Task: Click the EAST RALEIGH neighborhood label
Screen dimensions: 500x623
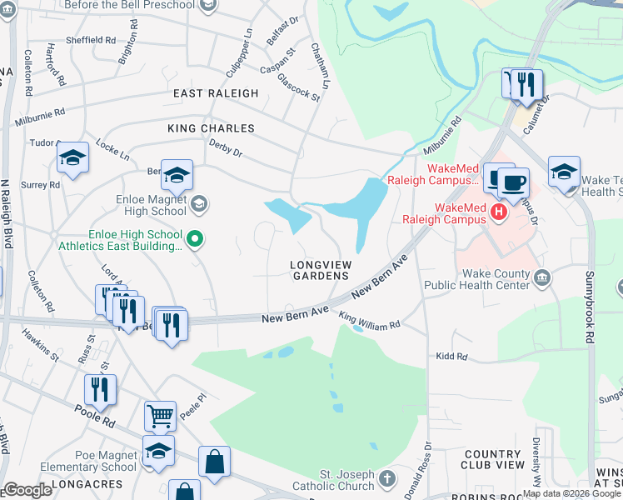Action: click(x=216, y=93)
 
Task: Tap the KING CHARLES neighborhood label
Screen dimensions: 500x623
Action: click(x=211, y=128)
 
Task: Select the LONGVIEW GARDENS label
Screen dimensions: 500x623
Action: click(x=319, y=270)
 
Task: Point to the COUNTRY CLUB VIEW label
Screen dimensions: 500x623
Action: click(x=493, y=460)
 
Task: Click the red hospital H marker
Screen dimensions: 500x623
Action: click(x=499, y=212)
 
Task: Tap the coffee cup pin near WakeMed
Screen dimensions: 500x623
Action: click(x=512, y=182)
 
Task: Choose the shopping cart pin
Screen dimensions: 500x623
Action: click(x=160, y=415)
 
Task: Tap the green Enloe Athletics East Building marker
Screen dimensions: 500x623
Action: click(x=195, y=240)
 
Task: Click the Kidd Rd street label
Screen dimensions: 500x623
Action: click(x=452, y=357)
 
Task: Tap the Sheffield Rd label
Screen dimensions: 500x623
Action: click(x=92, y=39)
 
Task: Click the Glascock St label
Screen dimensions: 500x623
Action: click(x=299, y=85)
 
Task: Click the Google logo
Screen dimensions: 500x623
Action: click(x=27, y=489)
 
